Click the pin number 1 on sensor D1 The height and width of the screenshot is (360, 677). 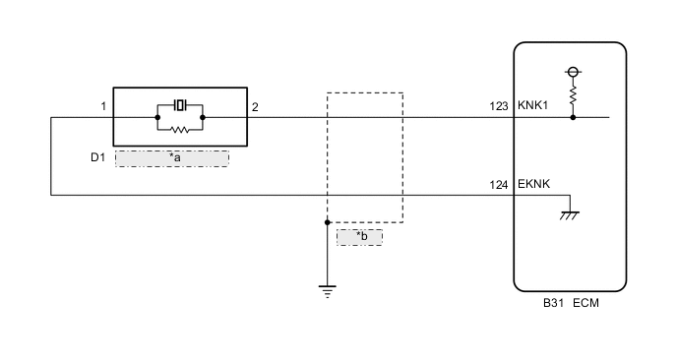(x=102, y=106)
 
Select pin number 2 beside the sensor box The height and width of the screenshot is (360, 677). (x=255, y=106)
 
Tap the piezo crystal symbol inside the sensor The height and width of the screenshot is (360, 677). (x=179, y=104)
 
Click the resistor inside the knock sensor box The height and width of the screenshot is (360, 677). (x=179, y=128)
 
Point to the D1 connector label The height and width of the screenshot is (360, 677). (x=97, y=157)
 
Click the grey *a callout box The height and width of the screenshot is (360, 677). (x=172, y=157)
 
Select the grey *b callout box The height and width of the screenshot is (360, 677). (x=359, y=236)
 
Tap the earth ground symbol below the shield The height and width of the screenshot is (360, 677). (x=327, y=289)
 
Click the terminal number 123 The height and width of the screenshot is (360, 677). (x=499, y=106)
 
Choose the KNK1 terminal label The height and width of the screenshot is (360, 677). (x=532, y=106)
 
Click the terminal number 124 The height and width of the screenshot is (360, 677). (x=499, y=184)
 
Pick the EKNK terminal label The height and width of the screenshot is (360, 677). (x=532, y=184)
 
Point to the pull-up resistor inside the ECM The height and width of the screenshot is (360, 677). (x=572, y=94)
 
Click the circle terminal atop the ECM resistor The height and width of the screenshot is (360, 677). (x=572, y=72)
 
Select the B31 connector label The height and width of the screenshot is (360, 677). (x=554, y=304)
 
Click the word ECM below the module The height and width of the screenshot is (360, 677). (x=585, y=304)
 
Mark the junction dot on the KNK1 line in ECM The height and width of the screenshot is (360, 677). (x=572, y=117)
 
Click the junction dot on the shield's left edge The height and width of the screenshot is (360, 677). (x=327, y=222)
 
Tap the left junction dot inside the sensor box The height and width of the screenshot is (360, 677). (x=157, y=117)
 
